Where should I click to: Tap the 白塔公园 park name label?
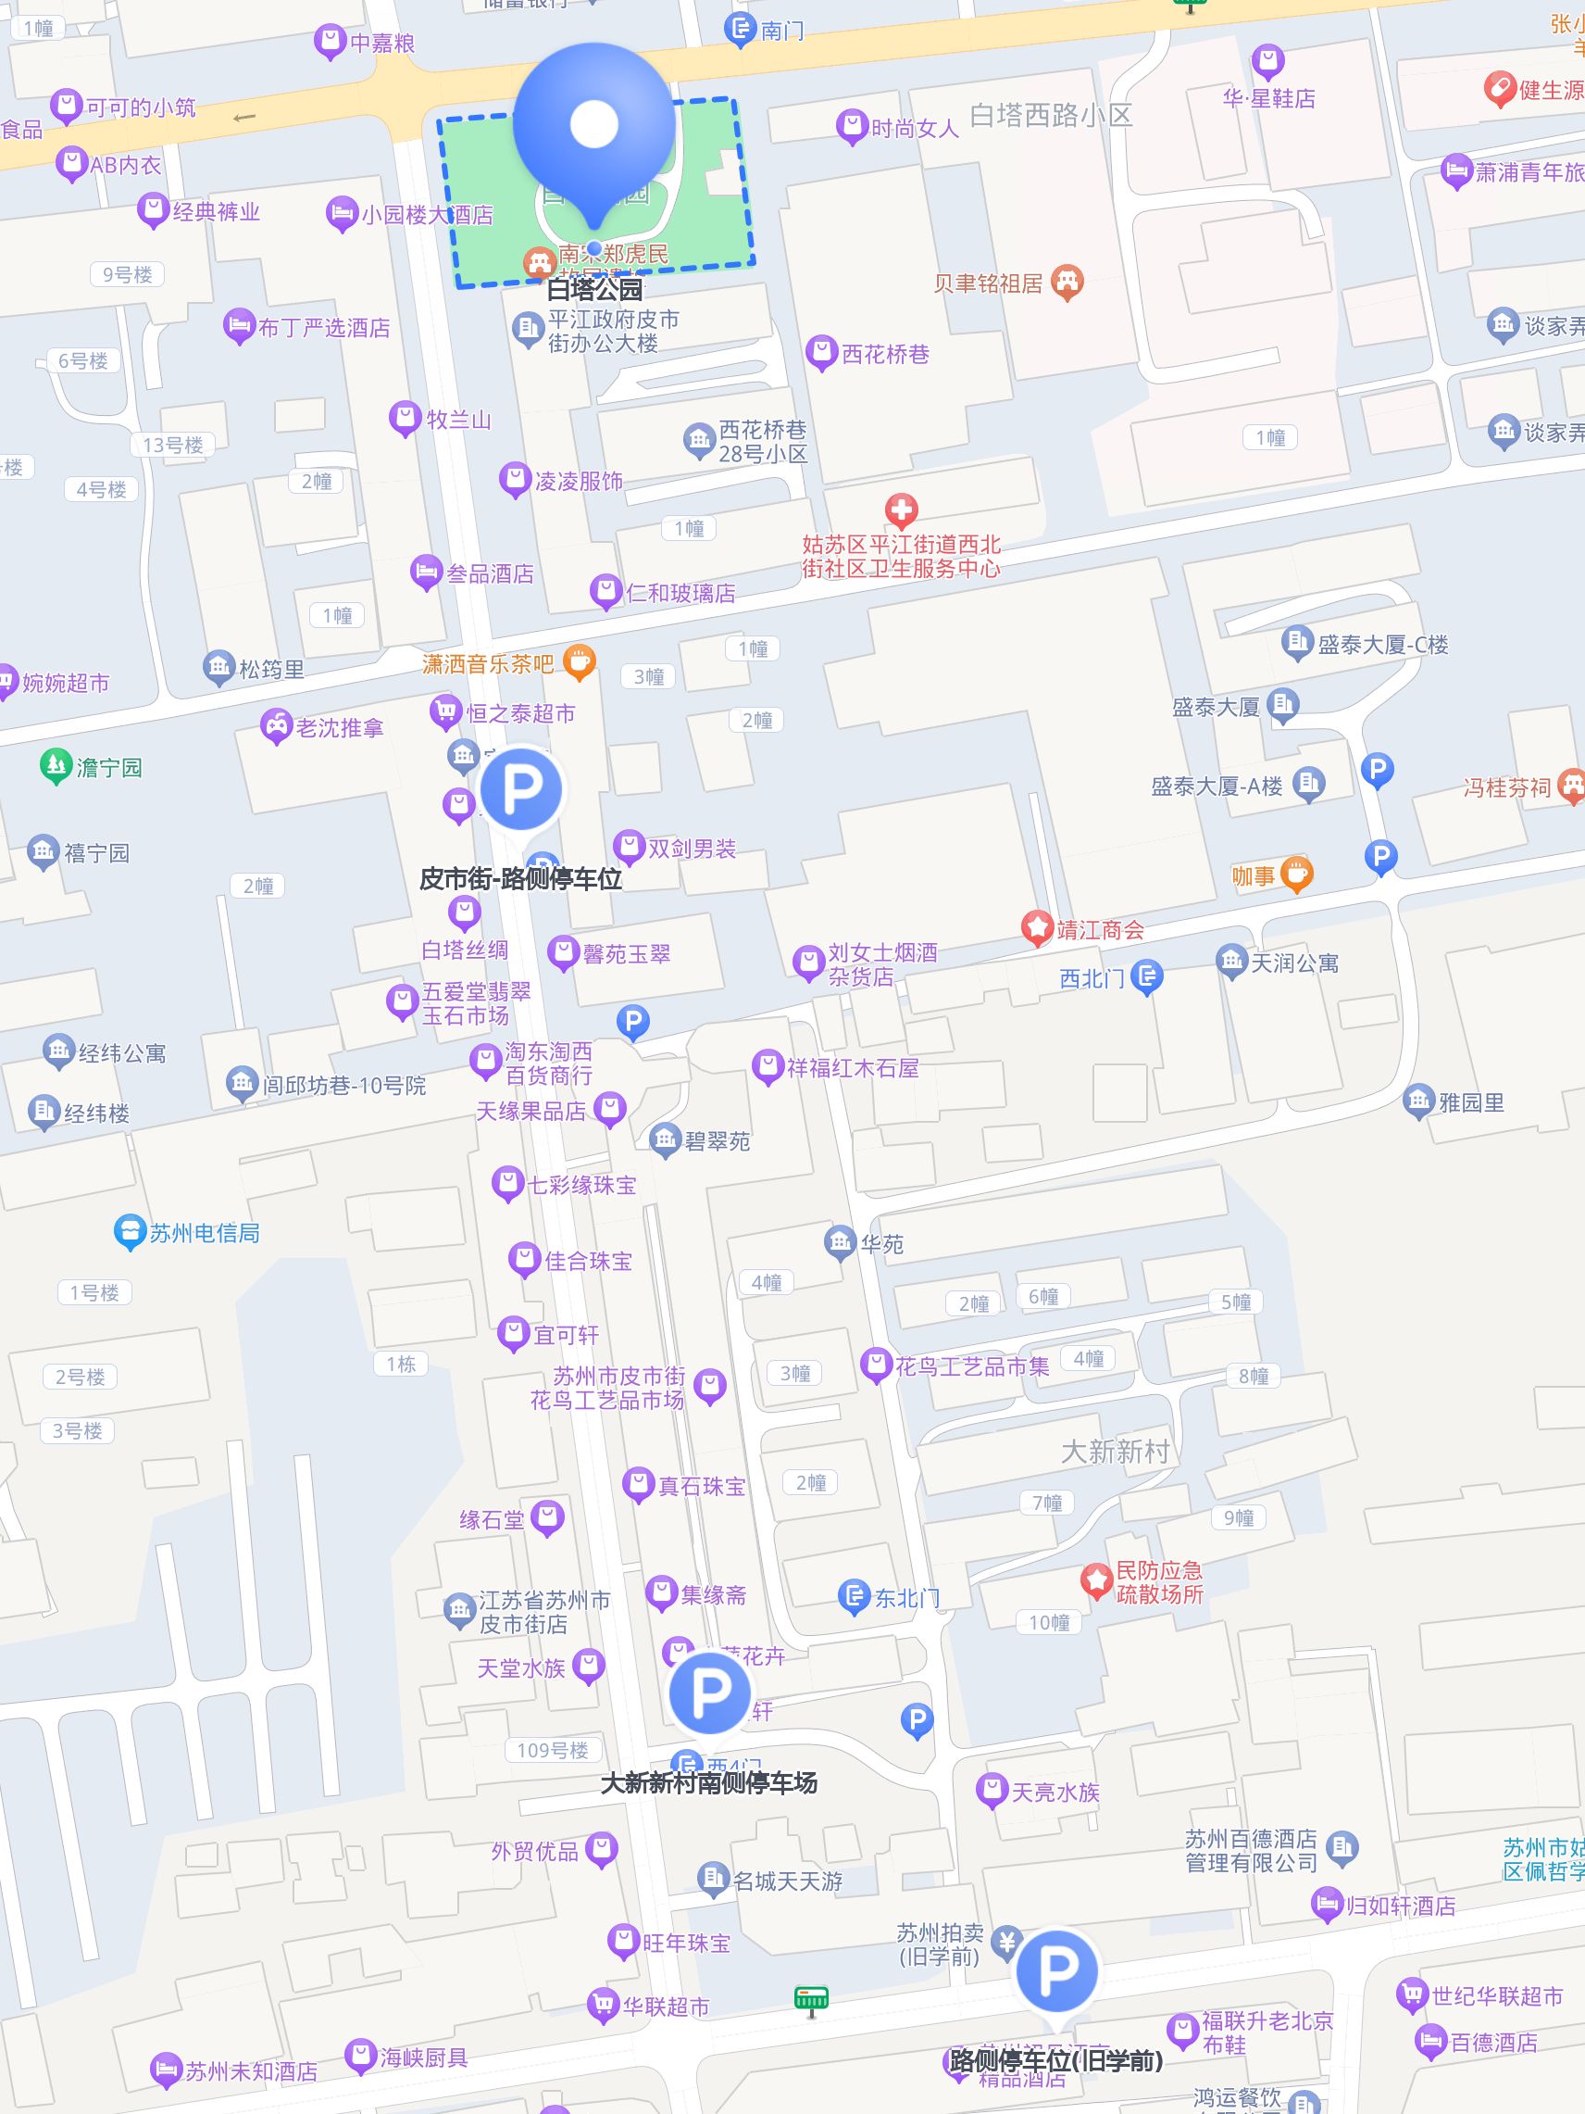[x=594, y=289]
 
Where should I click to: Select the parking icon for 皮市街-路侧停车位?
[x=520, y=788]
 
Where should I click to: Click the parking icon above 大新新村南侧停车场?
[x=709, y=1692]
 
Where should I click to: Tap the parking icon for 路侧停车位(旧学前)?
[x=1055, y=1970]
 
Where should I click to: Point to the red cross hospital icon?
[x=901, y=510]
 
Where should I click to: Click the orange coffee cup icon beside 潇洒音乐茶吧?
[x=579, y=661]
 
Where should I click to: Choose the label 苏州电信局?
[x=205, y=1233]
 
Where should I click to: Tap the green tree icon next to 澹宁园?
[x=56, y=765]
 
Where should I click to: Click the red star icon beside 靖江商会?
[x=1037, y=928]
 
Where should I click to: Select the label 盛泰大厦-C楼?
[x=1382, y=645]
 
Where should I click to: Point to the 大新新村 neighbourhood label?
[x=1115, y=1451]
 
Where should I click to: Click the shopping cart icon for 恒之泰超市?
[x=444, y=711]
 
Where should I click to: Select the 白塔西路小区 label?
[x=1051, y=116]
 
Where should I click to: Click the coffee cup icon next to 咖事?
[x=1295, y=874]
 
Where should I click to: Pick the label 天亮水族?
[x=1055, y=1792]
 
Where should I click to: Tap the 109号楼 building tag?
[x=552, y=1750]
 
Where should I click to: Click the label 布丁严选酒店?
[x=324, y=328]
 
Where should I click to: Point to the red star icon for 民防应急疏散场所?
[x=1096, y=1580]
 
